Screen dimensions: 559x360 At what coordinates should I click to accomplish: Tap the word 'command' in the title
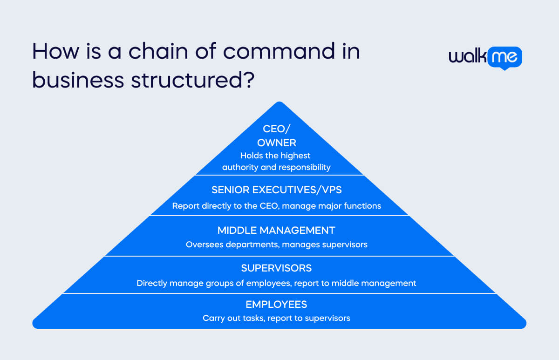tap(279, 51)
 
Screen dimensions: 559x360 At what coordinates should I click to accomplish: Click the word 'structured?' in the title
tap(193, 80)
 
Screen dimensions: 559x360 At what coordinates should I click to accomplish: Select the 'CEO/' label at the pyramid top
tap(277, 129)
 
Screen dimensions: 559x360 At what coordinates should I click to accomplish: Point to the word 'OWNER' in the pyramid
tap(277, 143)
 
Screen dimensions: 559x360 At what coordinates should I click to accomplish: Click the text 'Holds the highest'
tap(275, 156)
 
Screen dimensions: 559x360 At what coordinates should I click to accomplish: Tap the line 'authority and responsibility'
tap(276, 167)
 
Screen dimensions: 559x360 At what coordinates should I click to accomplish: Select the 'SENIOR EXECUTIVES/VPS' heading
tap(277, 190)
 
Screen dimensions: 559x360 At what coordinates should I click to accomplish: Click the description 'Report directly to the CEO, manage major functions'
tap(277, 206)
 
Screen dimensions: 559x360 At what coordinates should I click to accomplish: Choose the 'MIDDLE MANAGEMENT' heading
tap(276, 231)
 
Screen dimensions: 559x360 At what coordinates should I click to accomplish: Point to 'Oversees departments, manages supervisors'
tap(277, 245)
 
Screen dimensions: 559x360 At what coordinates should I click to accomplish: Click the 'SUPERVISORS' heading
tap(276, 268)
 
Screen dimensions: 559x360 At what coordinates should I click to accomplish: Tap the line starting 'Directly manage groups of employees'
tap(276, 284)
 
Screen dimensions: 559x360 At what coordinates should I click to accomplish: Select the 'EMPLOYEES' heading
tap(276, 305)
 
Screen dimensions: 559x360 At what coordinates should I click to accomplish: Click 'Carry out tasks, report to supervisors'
tap(276, 319)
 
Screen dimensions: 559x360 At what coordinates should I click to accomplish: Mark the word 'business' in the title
tap(78, 80)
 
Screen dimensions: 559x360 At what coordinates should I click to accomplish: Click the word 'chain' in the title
tap(158, 51)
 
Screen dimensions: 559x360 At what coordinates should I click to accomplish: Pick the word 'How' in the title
tap(55, 51)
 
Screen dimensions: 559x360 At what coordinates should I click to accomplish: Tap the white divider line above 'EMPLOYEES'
tap(279, 293)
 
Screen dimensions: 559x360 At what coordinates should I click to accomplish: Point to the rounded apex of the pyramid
tap(279, 102)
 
